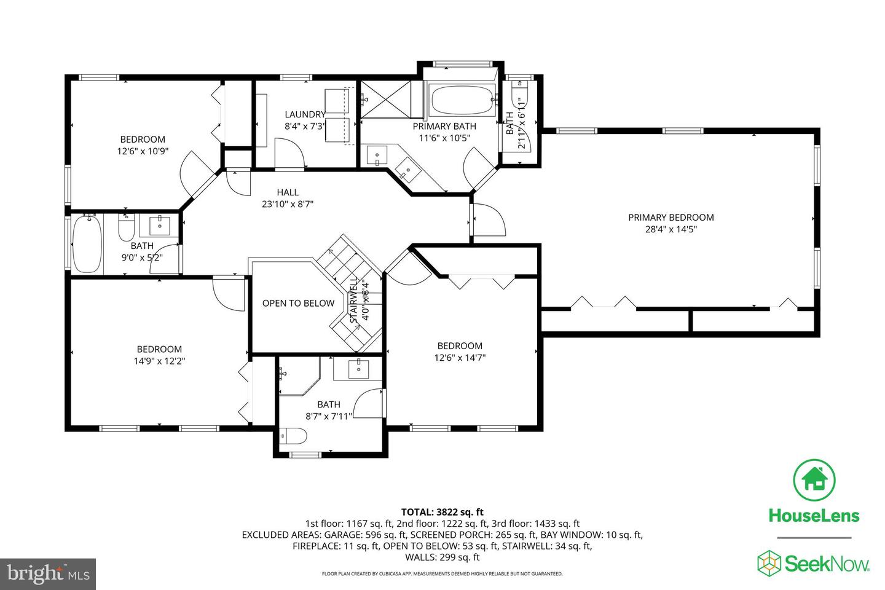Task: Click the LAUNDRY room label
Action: click(305, 114)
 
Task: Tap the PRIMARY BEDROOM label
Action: click(671, 218)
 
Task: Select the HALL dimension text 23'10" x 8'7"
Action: click(288, 205)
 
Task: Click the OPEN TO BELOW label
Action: click(298, 303)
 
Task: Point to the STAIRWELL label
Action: click(354, 301)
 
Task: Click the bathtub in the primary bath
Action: click(461, 100)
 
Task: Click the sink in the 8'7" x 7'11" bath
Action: click(358, 369)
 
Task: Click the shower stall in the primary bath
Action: click(390, 98)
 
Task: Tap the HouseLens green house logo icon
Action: click(814, 480)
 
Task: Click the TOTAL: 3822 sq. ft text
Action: click(442, 512)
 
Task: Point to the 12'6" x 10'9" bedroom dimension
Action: click(143, 151)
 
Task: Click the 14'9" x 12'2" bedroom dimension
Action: click(159, 361)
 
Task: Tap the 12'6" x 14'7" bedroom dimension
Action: click(460, 357)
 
